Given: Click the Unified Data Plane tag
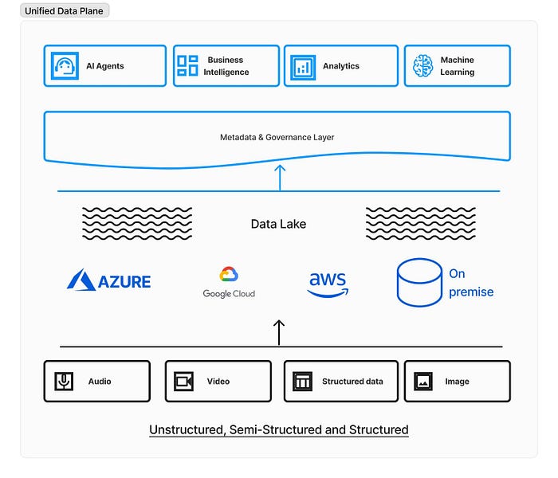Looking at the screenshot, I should pos(65,11).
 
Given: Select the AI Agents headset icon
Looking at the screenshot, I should pos(63,66).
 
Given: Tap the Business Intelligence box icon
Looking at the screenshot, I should pos(187,66).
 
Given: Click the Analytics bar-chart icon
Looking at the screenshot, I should pos(303,66).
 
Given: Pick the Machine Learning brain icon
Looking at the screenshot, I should pos(422,66).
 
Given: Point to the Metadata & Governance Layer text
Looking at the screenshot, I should pos(277,138).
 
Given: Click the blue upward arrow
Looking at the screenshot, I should pos(280,177).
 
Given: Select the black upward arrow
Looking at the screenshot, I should pos(279,332).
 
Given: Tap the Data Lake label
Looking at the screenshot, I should pos(278,224).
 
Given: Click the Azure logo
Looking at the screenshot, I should pos(109,280).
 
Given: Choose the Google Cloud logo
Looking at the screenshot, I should pos(229,282).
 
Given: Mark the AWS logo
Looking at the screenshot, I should pos(328,283).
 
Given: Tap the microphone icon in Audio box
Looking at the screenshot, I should pos(64,382).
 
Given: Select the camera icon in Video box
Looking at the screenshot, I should pos(184,382).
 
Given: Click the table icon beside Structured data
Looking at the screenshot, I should pos(302,382).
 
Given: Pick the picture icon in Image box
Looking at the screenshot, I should pos(423,382).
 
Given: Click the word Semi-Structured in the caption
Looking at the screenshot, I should pos(278,430).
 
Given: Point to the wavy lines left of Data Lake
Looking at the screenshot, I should pos(137,224).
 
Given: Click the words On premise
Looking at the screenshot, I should pos(470,283).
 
